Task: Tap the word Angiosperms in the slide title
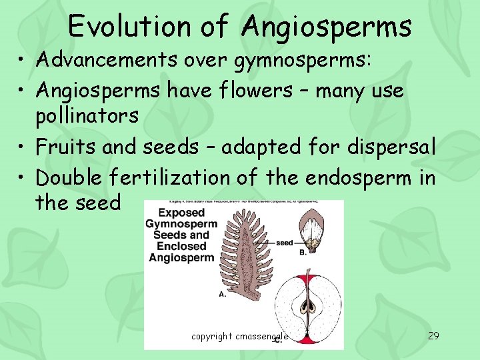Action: coord(327,27)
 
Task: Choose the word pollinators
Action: coord(87,116)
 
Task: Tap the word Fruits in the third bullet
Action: coord(64,145)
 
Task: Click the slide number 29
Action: coord(433,335)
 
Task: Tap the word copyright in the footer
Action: coord(212,337)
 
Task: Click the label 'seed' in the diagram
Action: coord(284,243)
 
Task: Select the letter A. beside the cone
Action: coord(222,293)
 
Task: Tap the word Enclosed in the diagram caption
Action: coord(176,246)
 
